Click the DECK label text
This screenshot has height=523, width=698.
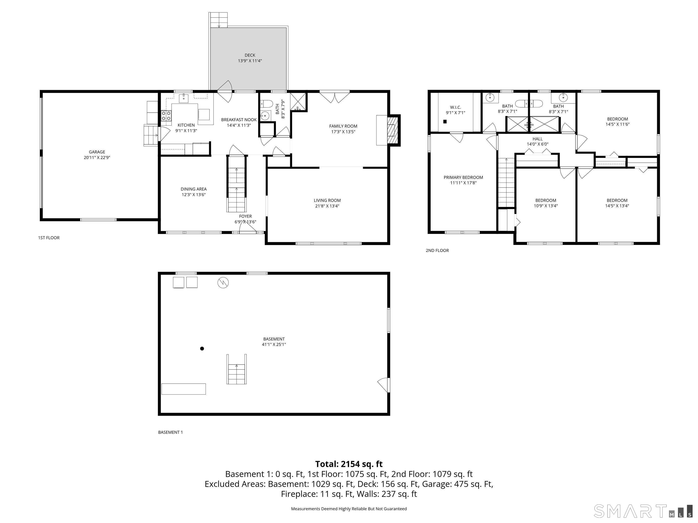pyautogui.click(x=250, y=55)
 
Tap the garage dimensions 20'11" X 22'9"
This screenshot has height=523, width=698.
pyautogui.click(x=97, y=158)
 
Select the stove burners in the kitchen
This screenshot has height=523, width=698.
pyautogui.click(x=166, y=116)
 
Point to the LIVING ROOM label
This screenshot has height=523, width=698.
pyautogui.click(x=327, y=200)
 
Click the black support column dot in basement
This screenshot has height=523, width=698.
pyautogui.click(x=202, y=348)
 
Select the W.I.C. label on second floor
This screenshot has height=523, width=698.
pyautogui.click(x=455, y=107)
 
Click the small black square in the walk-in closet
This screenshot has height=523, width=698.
pyautogui.click(x=445, y=121)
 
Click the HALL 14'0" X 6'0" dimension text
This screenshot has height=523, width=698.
pyautogui.click(x=537, y=144)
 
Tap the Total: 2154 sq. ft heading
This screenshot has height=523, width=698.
pyautogui.click(x=349, y=464)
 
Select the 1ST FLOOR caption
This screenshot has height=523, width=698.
pyautogui.click(x=49, y=238)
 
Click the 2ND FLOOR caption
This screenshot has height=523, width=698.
pyautogui.click(x=437, y=250)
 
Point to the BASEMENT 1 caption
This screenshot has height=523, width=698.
pyautogui.click(x=170, y=432)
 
